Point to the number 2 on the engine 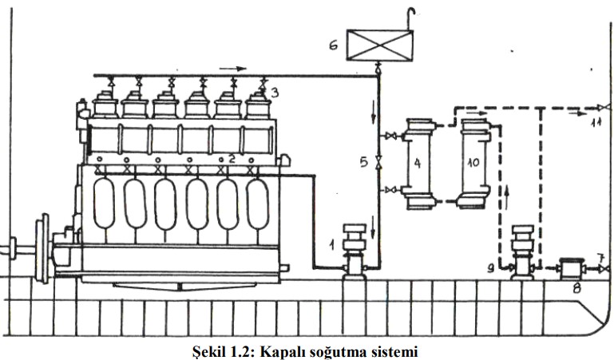(232, 159)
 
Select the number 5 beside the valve (363, 161)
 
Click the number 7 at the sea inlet (598, 258)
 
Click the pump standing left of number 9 (522, 251)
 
